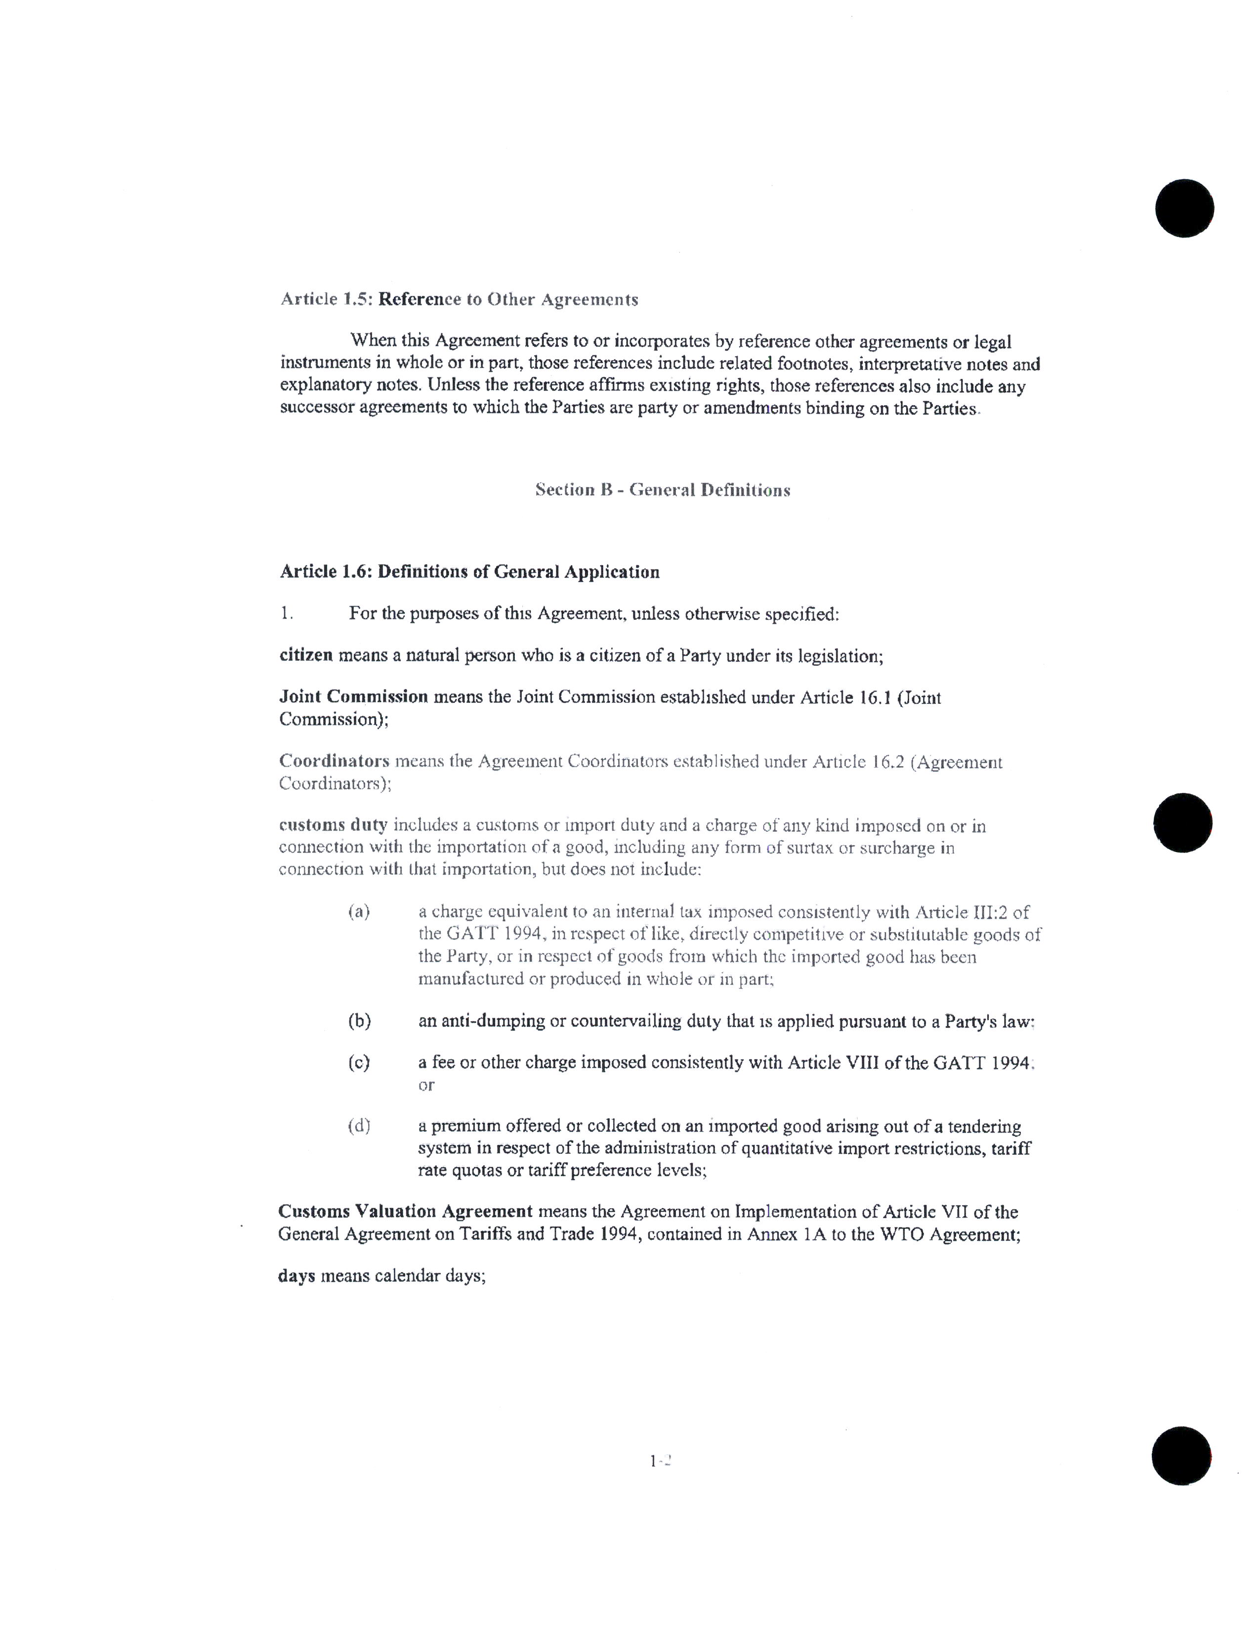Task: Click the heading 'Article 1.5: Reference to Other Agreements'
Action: point(459,299)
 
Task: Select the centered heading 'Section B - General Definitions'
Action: point(662,490)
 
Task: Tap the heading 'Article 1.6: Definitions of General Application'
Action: point(469,572)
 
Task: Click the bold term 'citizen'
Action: point(306,655)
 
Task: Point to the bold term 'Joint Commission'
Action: point(354,697)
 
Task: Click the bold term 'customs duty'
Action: point(333,825)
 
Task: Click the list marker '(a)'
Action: point(359,911)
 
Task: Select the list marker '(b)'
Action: point(359,1021)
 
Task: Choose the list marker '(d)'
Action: point(359,1126)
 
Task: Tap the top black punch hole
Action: point(1184,208)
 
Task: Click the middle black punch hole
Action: point(1182,822)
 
